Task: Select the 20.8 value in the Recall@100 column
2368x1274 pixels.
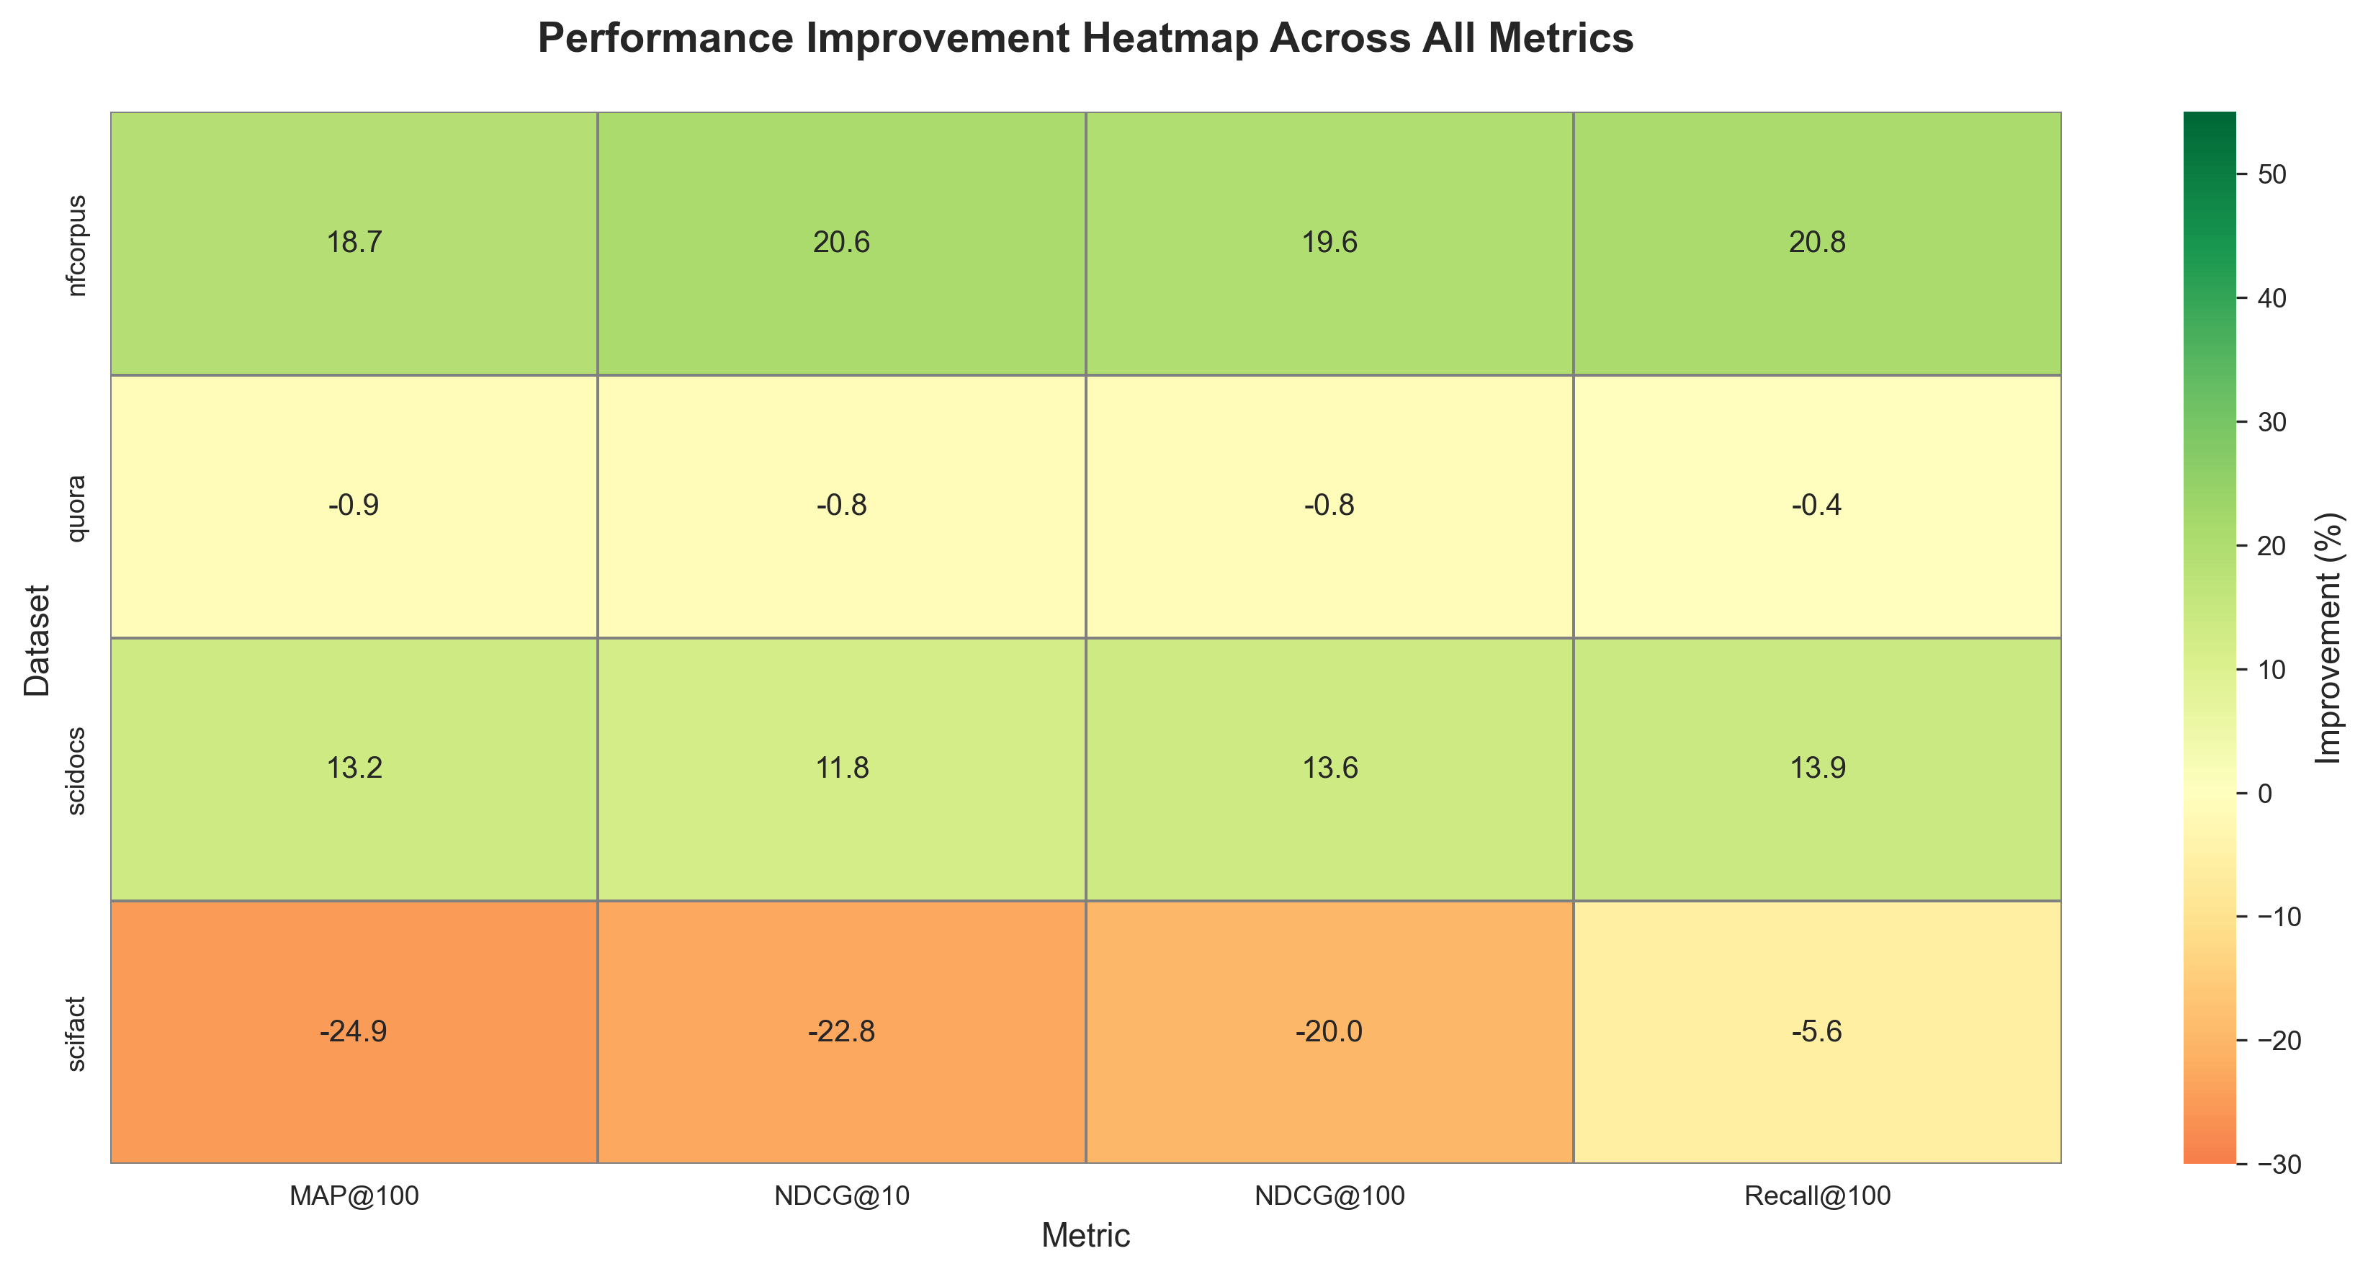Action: (1816, 243)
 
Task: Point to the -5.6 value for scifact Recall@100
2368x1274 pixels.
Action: (1816, 1031)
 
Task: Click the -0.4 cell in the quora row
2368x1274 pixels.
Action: (1816, 506)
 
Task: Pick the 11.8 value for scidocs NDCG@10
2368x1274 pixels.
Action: (841, 768)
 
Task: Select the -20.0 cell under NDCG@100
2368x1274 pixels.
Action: (1329, 1031)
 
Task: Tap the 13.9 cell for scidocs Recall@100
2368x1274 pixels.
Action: (1816, 768)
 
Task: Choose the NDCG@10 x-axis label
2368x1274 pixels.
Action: (841, 1196)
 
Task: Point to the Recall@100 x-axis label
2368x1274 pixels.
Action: (1816, 1196)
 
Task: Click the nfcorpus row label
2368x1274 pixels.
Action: (77, 245)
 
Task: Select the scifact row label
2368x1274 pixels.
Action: (77, 1034)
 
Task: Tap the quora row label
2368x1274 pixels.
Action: (77, 508)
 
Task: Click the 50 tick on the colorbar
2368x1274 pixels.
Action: (2272, 175)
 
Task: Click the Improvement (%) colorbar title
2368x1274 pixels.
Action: (2328, 638)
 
